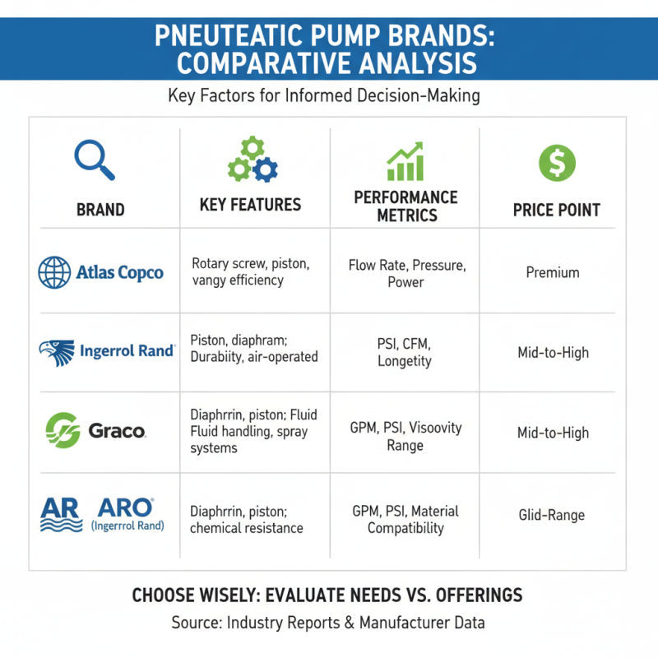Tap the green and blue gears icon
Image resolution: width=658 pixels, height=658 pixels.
click(253, 160)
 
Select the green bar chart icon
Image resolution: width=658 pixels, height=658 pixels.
click(405, 161)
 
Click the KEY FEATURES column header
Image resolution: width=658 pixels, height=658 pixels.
click(250, 205)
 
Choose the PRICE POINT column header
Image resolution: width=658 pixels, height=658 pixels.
click(556, 211)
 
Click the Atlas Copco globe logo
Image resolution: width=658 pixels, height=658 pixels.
click(54, 272)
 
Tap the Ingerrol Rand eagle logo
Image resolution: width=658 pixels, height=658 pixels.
click(56, 352)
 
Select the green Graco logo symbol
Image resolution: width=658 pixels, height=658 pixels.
click(62, 430)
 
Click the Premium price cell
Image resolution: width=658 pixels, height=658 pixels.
click(553, 272)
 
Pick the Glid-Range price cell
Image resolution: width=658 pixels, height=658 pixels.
click(551, 516)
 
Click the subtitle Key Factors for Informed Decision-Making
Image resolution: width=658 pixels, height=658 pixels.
click(323, 95)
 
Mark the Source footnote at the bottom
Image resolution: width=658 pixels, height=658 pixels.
click(327, 623)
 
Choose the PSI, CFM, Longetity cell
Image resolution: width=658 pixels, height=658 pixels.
click(405, 352)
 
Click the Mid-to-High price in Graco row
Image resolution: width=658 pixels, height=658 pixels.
click(553, 433)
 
